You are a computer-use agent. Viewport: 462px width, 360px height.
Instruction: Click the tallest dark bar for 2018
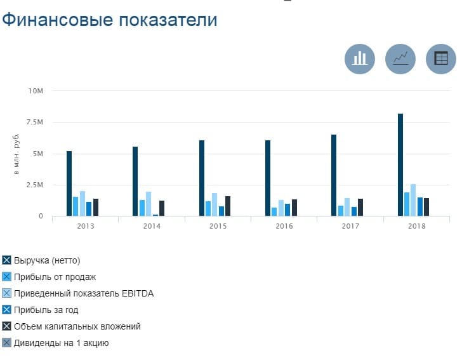point(400,164)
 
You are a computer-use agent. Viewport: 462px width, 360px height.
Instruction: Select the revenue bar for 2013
point(69,183)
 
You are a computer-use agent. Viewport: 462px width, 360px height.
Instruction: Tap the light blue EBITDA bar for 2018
point(413,200)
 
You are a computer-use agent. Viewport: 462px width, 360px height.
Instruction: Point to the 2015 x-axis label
point(218,226)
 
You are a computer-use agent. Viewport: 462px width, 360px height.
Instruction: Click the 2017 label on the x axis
point(350,226)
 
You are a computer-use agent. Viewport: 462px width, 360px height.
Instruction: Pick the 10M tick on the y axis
point(36,91)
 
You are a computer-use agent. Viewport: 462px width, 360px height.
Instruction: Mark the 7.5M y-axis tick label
point(35,122)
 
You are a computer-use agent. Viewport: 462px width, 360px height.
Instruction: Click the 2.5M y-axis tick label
point(35,185)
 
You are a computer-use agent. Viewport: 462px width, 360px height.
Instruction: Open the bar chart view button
point(360,58)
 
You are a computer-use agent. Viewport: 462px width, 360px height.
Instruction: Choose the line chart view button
point(400,58)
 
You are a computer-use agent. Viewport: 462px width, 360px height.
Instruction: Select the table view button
point(440,58)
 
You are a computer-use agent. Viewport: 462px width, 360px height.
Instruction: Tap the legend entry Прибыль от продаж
point(55,277)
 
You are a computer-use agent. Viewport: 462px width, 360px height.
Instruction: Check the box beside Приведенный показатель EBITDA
point(7,293)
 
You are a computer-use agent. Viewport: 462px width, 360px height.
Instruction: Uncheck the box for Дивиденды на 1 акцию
point(7,343)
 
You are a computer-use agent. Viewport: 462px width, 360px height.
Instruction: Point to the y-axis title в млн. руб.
point(18,154)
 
